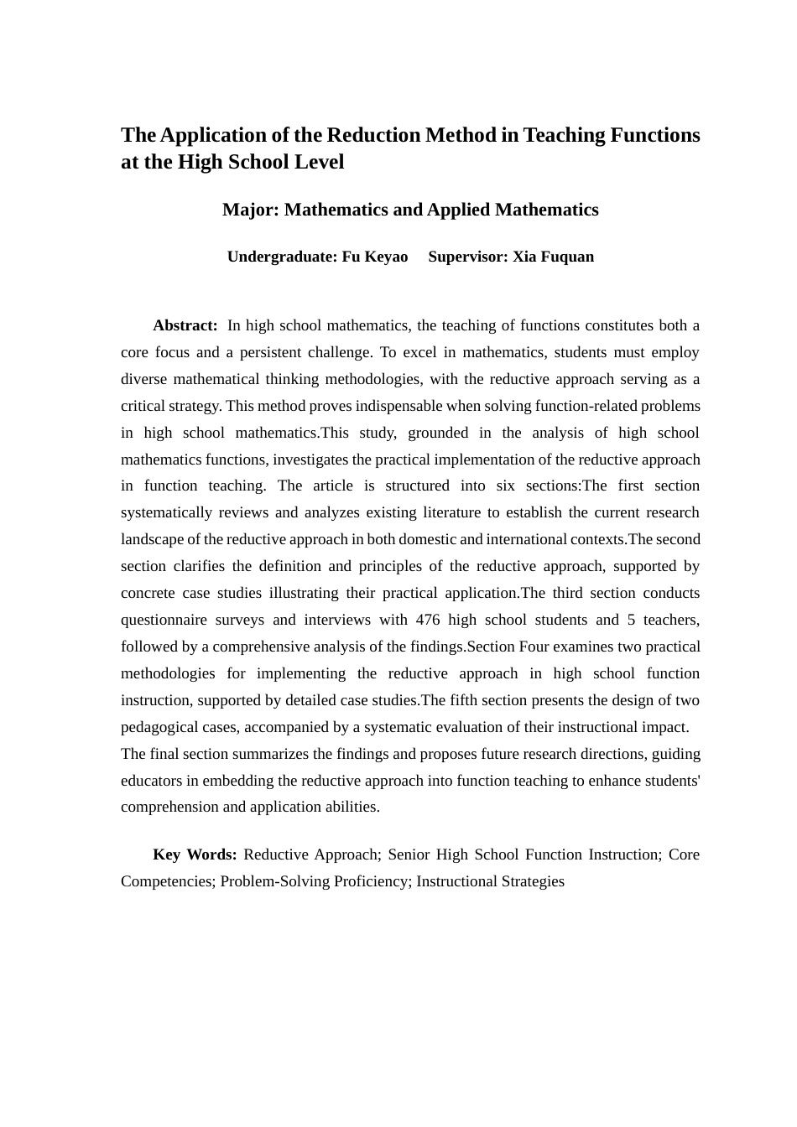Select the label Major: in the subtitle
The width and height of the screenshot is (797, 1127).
pos(250,210)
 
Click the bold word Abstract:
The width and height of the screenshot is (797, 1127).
pos(185,325)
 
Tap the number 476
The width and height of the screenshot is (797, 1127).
pos(428,620)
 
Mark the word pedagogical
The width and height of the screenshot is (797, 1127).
pos(159,727)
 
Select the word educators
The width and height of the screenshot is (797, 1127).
pos(152,781)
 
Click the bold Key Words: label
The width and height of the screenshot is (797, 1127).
pos(195,854)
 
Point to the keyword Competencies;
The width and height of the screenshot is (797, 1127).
pos(168,881)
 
